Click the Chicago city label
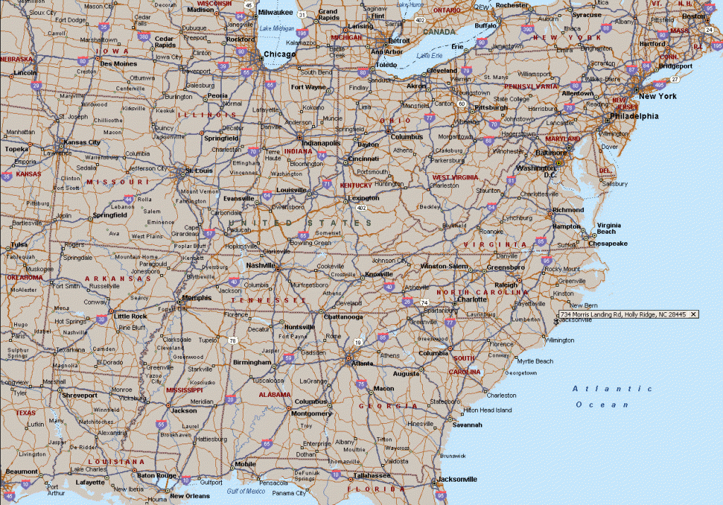(280, 54)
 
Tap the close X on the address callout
(693, 314)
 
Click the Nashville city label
(261, 265)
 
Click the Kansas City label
(82, 142)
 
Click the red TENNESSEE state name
(275, 299)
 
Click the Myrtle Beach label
(534, 361)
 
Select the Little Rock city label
(131, 316)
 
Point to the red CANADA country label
(440, 32)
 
